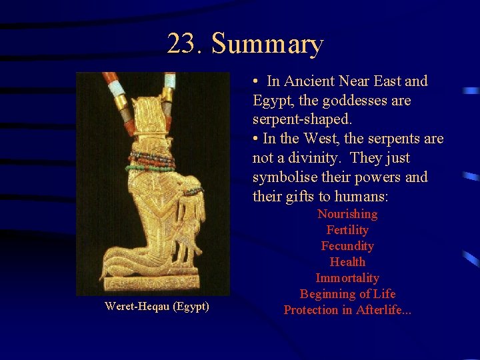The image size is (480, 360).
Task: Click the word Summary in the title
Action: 267,44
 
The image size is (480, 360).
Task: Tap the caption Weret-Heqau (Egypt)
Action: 157,306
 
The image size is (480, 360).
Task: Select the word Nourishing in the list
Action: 347,214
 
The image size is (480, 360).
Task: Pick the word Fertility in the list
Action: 347,230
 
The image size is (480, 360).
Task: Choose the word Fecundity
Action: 347,246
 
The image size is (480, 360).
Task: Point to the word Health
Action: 347,262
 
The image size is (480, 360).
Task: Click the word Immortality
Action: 347,278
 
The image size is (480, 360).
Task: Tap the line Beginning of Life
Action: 347,294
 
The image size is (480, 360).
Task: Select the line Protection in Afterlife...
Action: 347,310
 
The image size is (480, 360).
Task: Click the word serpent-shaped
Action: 302,120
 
